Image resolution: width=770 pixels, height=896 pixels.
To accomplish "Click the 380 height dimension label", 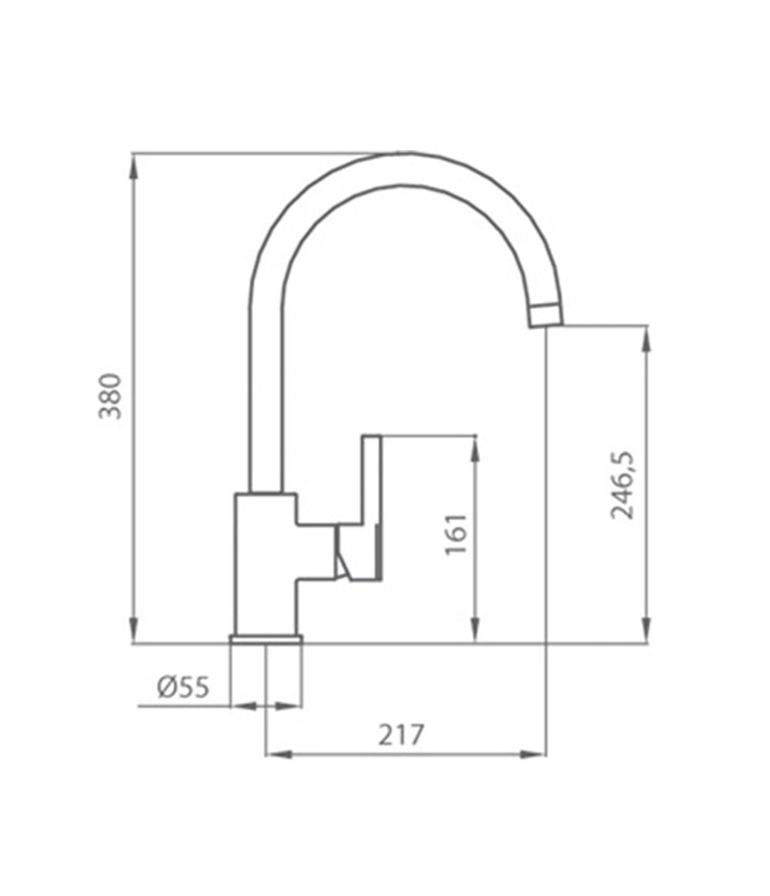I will pos(112,395).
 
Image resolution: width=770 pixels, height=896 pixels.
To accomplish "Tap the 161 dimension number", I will pos(456,534).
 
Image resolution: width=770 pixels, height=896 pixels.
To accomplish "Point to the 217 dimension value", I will pos(400,735).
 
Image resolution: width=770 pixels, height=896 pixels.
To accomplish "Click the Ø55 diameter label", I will pos(182,686).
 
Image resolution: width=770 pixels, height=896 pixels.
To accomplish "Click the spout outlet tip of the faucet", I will pos(546,315).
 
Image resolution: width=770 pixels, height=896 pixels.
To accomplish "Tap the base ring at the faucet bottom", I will pos(266,638).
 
